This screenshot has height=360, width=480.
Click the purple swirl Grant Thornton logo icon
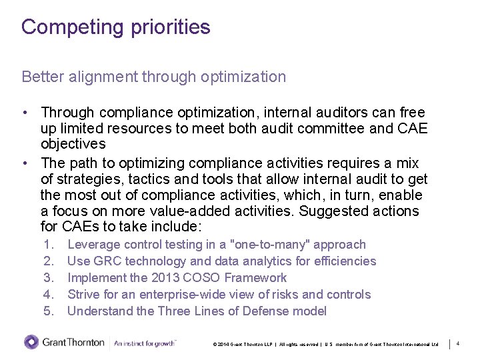(x=31, y=343)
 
